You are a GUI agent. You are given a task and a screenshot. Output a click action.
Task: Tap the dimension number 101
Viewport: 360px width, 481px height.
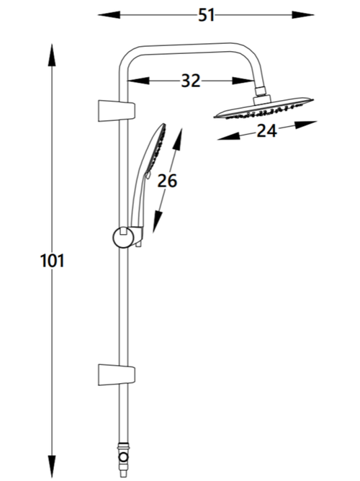pos(51,260)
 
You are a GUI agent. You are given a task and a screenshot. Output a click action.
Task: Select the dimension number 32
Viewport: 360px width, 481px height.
pos(190,81)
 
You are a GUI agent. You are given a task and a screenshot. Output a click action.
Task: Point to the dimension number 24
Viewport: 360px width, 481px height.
pos(267,132)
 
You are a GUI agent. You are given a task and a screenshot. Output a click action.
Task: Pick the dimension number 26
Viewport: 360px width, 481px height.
pos(167,181)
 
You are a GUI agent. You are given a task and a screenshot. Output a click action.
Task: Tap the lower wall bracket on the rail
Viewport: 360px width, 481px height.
pos(114,374)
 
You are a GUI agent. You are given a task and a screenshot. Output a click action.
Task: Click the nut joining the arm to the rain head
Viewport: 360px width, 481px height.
pos(260,94)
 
